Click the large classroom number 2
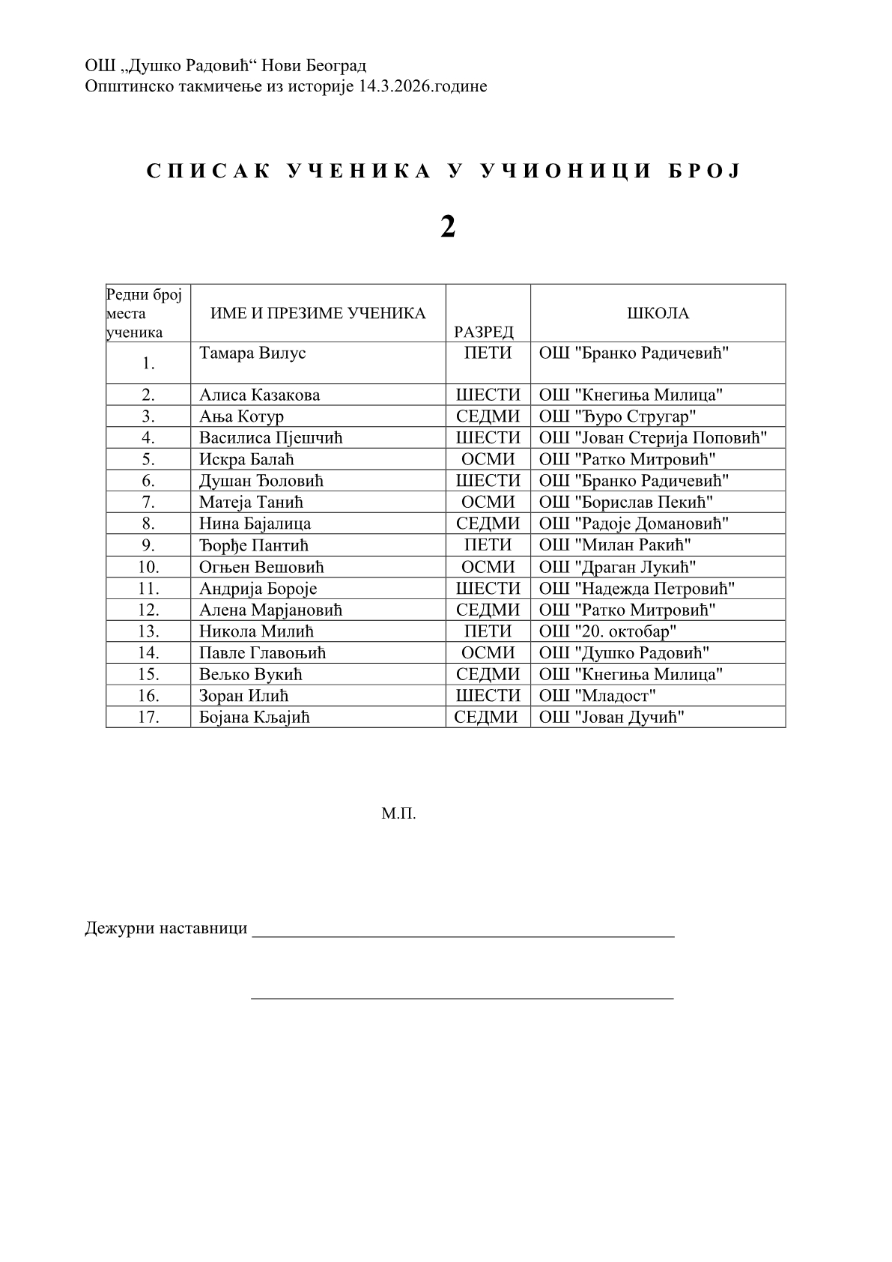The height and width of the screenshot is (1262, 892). coord(448,226)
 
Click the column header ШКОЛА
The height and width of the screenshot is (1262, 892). coord(658,313)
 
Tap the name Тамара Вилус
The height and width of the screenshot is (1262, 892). coord(252,353)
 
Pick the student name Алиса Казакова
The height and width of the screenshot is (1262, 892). coord(259,395)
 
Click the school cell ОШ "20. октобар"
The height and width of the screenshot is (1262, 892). coord(607,631)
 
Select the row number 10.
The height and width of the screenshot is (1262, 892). coord(148,567)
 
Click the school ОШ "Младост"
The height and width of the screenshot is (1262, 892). coord(597,695)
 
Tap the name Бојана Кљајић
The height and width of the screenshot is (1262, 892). coord(254,717)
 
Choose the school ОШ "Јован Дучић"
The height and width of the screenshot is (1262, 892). coord(611,717)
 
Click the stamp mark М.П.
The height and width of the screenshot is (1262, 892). coord(398,813)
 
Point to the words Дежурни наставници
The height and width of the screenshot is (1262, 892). coord(166,929)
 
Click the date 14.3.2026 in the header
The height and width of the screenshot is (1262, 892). coord(395,86)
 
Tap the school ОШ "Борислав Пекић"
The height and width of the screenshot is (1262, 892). coord(625,502)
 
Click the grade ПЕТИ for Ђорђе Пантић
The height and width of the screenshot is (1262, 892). coord(488,544)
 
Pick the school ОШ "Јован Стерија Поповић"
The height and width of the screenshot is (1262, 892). coord(652,437)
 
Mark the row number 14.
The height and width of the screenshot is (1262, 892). coord(148,652)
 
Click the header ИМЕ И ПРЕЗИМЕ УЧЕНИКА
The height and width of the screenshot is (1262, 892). coord(318,313)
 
